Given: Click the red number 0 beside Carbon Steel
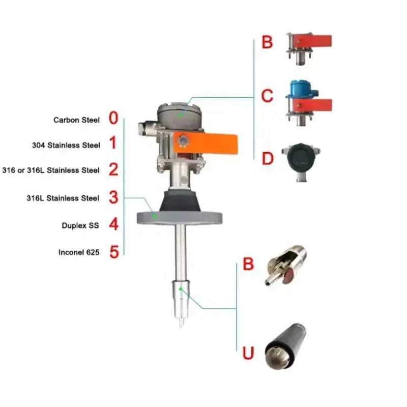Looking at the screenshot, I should [113, 119].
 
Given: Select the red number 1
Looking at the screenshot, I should [113, 144].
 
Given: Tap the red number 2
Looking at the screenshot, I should [113, 169].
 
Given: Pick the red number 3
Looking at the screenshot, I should [113, 197].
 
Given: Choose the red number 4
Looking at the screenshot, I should [113, 224].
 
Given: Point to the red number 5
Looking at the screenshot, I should [113, 251].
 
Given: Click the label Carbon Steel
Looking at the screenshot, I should [77, 120].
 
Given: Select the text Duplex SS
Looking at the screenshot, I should [82, 224].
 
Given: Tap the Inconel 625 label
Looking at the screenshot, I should [79, 251].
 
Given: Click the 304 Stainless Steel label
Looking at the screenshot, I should [66, 145].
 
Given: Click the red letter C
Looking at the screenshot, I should [267, 96].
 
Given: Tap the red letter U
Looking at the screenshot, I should [248, 353].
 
